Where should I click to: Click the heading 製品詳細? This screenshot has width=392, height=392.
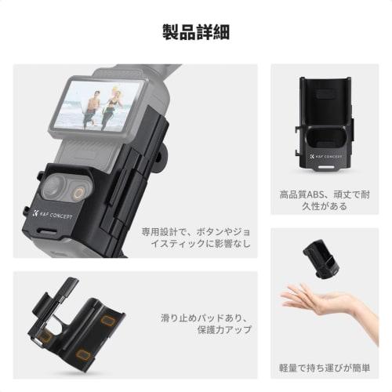click(195, 33)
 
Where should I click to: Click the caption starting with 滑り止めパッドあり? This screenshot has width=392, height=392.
click(201, 321)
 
